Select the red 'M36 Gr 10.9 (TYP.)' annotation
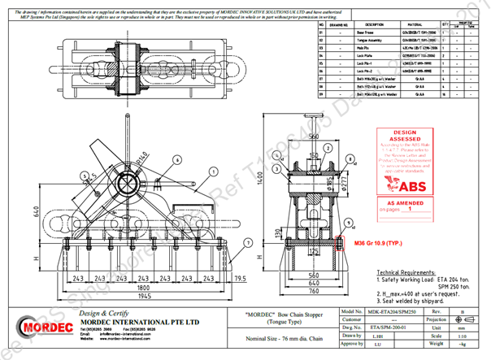[381, 243]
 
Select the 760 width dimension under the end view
[302, 298]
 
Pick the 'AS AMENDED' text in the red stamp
[404, 202]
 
